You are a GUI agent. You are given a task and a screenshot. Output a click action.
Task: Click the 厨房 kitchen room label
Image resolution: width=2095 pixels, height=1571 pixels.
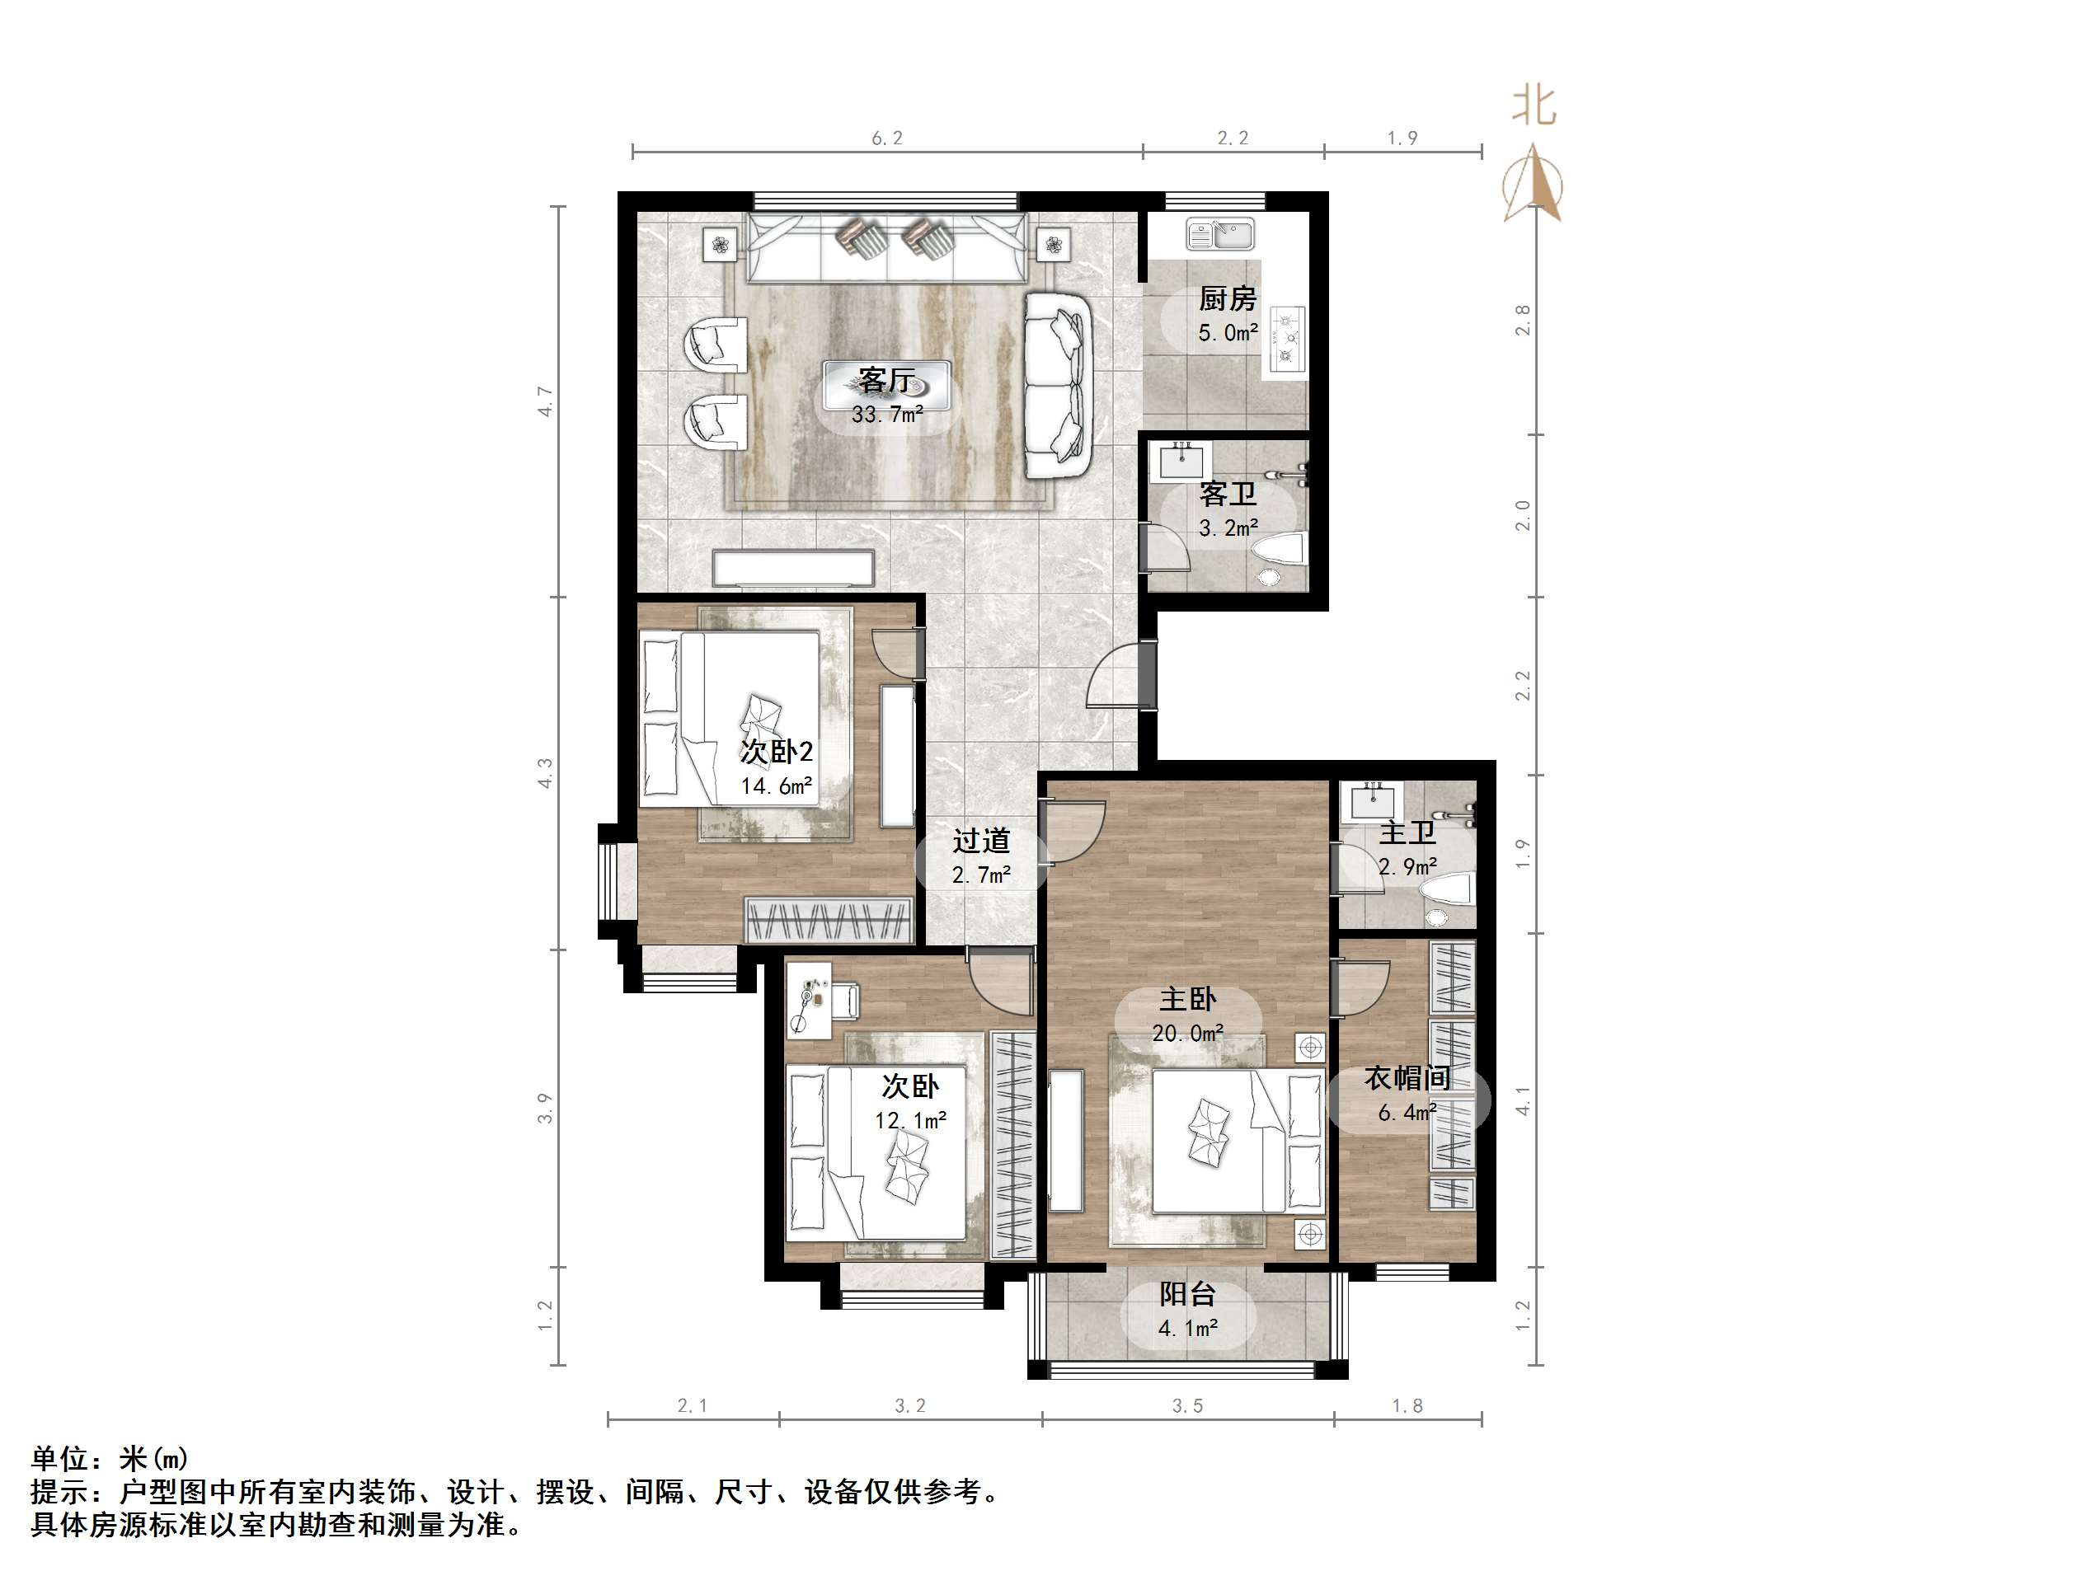tap(1228, 299)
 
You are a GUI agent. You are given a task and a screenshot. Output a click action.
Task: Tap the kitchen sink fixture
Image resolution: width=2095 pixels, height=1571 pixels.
tap(1221, 233)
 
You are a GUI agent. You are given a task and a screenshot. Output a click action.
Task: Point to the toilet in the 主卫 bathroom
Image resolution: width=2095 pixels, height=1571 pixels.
tap(1447, 897)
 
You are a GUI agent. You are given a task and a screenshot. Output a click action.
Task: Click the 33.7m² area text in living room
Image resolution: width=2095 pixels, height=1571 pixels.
tap(887, 415)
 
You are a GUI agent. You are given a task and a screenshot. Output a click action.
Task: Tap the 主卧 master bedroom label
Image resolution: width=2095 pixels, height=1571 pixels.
tap(1188, 999)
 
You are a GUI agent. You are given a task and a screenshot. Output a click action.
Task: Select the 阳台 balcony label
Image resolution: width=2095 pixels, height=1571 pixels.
tap(1188, 1295)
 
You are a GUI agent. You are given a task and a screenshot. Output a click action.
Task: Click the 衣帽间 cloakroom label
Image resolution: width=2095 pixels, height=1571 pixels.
tap(1407, 1077)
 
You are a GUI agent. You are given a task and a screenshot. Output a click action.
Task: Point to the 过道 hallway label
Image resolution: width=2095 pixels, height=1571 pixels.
tap(981, 841)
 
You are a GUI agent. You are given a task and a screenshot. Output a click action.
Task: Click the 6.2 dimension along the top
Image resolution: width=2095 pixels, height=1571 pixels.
tap(887, 138)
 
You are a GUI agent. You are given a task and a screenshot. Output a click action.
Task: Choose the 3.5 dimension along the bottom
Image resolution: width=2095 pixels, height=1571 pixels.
tap(1188, 1406)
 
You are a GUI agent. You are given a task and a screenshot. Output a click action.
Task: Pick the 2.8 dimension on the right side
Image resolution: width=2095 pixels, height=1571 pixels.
tap(1523, 320)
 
